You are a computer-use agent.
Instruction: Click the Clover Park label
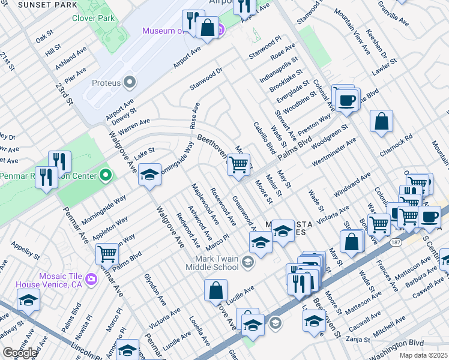(x=93, y=19)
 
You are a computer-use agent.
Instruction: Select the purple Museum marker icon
(x=220, y=29)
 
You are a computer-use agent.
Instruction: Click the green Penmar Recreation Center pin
(x=106, y=176)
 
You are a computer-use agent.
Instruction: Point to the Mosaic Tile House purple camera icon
(x=91, y=278)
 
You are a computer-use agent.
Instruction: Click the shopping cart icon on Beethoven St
(x=239, y=164)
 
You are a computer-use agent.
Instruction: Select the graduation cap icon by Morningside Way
(x=149, y=175)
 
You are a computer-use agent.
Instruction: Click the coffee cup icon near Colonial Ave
(x=346, y=100)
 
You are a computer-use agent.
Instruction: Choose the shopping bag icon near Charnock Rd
(x=381, y=121)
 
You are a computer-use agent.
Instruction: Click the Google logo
(x=20, y=353)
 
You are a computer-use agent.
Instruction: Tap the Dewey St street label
(x=124, y=114)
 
